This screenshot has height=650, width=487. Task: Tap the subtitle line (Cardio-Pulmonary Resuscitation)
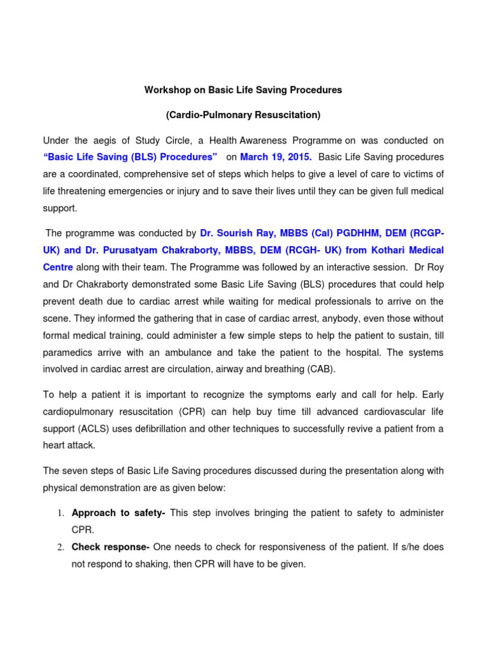tap(243, 115)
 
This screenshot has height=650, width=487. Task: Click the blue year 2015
tap(299, 157)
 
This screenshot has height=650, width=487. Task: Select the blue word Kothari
tap(385, 250)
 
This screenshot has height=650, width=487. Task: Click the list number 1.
tap(60, 513)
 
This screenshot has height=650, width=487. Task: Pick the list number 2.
tap(60, 547)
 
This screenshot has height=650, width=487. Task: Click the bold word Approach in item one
tap(92, 512)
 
